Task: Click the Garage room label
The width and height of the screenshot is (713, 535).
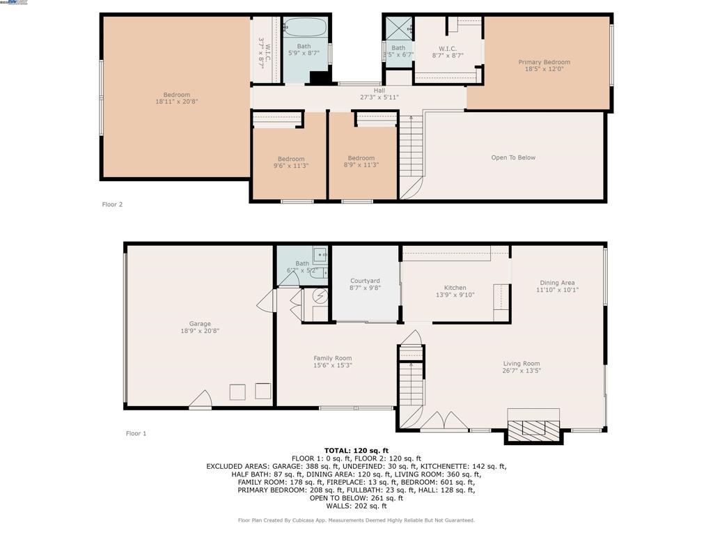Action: coord(200,324)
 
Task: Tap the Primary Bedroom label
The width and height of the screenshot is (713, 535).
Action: coord(544,62)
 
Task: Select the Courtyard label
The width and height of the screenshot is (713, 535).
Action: coord(364,281)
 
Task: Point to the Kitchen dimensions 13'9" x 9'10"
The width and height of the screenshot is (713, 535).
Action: coord(455,295)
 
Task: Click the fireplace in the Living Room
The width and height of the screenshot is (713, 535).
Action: coord(533,427)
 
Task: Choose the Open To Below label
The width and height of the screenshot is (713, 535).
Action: coord(513,157)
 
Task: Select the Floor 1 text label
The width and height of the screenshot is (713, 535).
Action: coord(136,433)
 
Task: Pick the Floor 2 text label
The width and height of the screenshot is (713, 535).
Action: coord(112,204)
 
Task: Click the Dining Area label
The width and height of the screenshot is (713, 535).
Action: coord(558,283)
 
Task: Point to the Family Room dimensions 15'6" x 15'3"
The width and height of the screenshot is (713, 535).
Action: coord(333,365)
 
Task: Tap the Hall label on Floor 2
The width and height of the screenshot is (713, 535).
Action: coord(379,90)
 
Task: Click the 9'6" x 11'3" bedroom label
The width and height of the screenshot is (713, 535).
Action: coord(291,166)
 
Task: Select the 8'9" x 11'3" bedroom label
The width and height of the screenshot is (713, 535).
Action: coord(361,166)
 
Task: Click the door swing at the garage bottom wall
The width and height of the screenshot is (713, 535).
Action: coord(201,399)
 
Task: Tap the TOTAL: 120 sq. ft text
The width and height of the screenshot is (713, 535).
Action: coord(356,451)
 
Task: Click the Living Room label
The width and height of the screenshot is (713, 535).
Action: coord(522,364)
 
